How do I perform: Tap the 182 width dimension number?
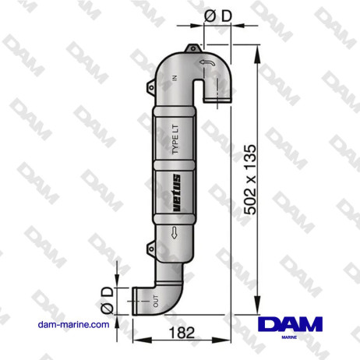(x=182, y=334)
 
